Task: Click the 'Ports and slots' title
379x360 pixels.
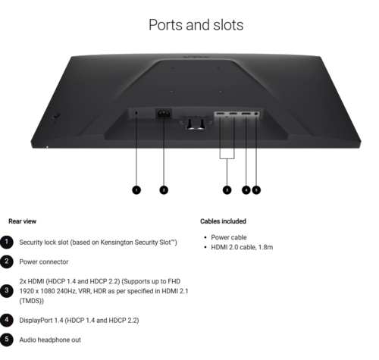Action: tap(196, 25)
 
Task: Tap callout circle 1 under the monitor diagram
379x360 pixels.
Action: tap(136, 190)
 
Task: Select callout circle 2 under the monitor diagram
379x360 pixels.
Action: tap(164, 190)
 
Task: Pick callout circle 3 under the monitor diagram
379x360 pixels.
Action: tap(227, 190)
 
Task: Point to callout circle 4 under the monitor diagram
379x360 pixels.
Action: tap(246, 190)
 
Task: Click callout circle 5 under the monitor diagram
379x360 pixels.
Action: tap(256, 190)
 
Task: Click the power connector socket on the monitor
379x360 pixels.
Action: tap(164, 114)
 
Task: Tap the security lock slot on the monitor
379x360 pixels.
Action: tap(136, 113)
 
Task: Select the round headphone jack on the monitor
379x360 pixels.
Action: tap(256, 114)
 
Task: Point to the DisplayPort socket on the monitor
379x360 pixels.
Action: tap(246, 114)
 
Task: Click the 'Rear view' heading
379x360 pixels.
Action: tap(23, 221)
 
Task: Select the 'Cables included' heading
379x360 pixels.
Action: tap(223, 221)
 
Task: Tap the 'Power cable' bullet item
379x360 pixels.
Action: tap(229, 237)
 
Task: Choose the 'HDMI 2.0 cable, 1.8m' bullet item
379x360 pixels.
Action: tap(242, 247)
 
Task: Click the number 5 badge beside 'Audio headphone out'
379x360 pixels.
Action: tap(7, 340)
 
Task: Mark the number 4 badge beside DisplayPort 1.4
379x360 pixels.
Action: tap(7, 320)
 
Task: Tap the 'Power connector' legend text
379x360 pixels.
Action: tap(44, 261)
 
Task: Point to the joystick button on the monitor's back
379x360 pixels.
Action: tap(56, 116)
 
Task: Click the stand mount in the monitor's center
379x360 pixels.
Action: tap(196, 123)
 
